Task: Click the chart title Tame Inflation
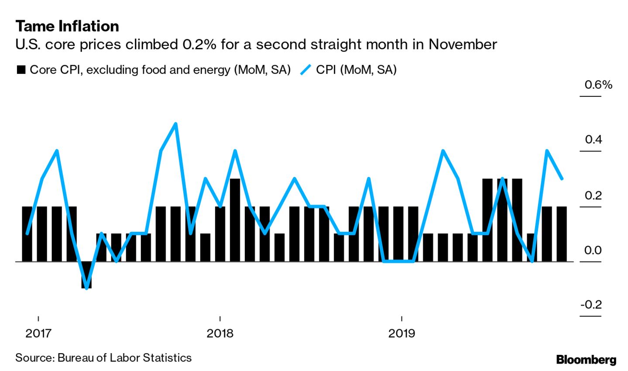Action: coord(67,27)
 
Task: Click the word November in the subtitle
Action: coord(462,45)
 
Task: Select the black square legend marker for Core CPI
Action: coord(21,70)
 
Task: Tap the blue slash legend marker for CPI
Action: coord(305,69)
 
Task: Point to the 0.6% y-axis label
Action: coord(598,85)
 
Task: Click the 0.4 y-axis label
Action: coord(593,140)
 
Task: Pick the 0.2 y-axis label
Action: coord(593,195)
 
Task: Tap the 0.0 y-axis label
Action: coord(593,250)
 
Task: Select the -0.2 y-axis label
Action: coord(591,304)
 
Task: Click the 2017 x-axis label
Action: coord(38,333)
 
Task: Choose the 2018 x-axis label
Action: coord(220,333)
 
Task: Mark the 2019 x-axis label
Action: coord(402,333)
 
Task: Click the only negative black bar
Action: coord(86,275)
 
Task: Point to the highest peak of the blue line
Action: coord(175,124)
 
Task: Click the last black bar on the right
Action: coord(562,234)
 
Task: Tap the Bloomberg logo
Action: coord(586,360)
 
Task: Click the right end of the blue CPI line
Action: coord(562,179)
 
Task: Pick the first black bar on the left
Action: coord(27,234)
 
